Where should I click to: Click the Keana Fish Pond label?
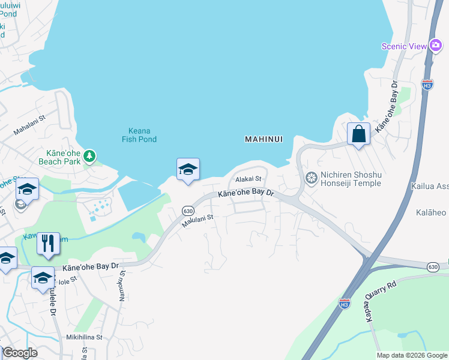coord(143,135)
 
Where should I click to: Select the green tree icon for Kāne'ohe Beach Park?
coord(89,157)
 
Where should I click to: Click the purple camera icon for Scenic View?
coord(436,46)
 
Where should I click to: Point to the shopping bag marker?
coord(358,134)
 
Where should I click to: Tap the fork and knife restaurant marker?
coord(48,244)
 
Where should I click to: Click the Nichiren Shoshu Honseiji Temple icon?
coord(311,177)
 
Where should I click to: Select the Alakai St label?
coord(249,179)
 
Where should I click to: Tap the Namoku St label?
coord(122,285)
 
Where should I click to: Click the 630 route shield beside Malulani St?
coord(188,211)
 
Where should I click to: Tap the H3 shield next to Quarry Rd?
coord(344,304)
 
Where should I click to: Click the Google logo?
coord(19,353)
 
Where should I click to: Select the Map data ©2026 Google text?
coord(412,355)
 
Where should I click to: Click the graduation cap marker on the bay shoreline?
coord(187,170)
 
